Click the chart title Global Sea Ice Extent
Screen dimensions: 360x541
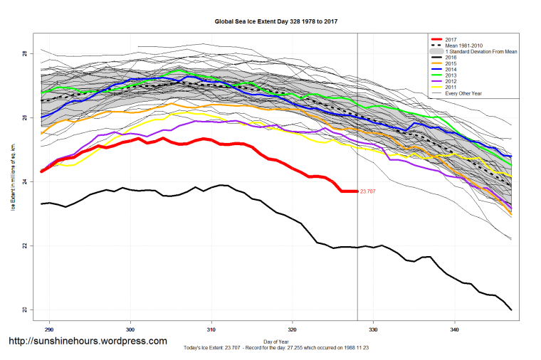275,21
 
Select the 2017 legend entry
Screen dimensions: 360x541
451,38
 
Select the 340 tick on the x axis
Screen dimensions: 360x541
455,330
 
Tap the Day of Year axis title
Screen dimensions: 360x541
276,341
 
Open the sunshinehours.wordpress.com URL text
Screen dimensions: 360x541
87,342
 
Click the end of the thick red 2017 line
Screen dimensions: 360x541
357,191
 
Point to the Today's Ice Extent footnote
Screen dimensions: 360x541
276,347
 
